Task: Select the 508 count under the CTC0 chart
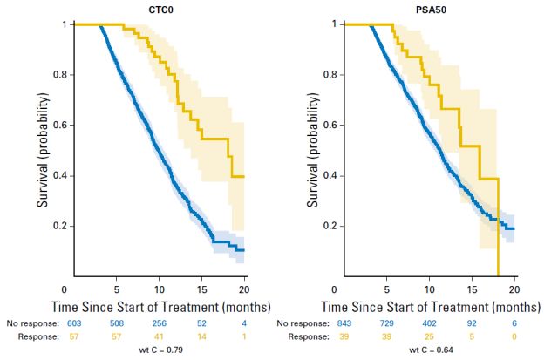112,323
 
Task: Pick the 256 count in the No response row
158,323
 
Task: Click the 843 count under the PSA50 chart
337,323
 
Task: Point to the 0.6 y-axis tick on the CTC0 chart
55,126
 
